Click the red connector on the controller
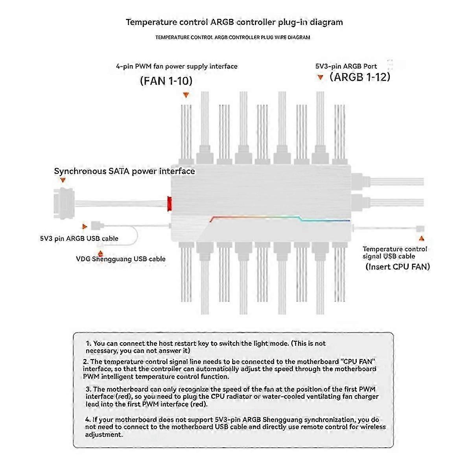(170, 203)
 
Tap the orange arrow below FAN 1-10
(186, 95)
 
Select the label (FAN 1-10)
(166, 81)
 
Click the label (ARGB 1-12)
(360, 77)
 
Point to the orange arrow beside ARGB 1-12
(321, 77)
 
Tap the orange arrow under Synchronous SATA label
(63, 180)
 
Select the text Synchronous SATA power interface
(124, 171)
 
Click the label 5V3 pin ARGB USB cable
(79, 238)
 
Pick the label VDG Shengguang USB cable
(121, 259)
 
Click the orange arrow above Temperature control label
(422, 238)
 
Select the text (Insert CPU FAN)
(398, 267)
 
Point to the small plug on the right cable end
(420, 228)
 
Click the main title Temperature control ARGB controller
(234, 22)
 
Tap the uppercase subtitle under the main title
(232, 37)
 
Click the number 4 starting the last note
(87, 419)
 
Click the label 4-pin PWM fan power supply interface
(177, 66)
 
